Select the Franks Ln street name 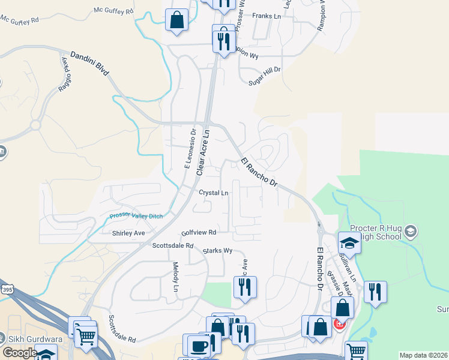tap(267, 16)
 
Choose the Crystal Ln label tap(214, 193)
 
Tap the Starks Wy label tap(217, 251)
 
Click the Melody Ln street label tap(176, 277)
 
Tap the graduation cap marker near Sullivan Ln tap(348, 243)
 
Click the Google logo tap(19, 352)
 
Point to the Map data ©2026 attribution tap(423, 355)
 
